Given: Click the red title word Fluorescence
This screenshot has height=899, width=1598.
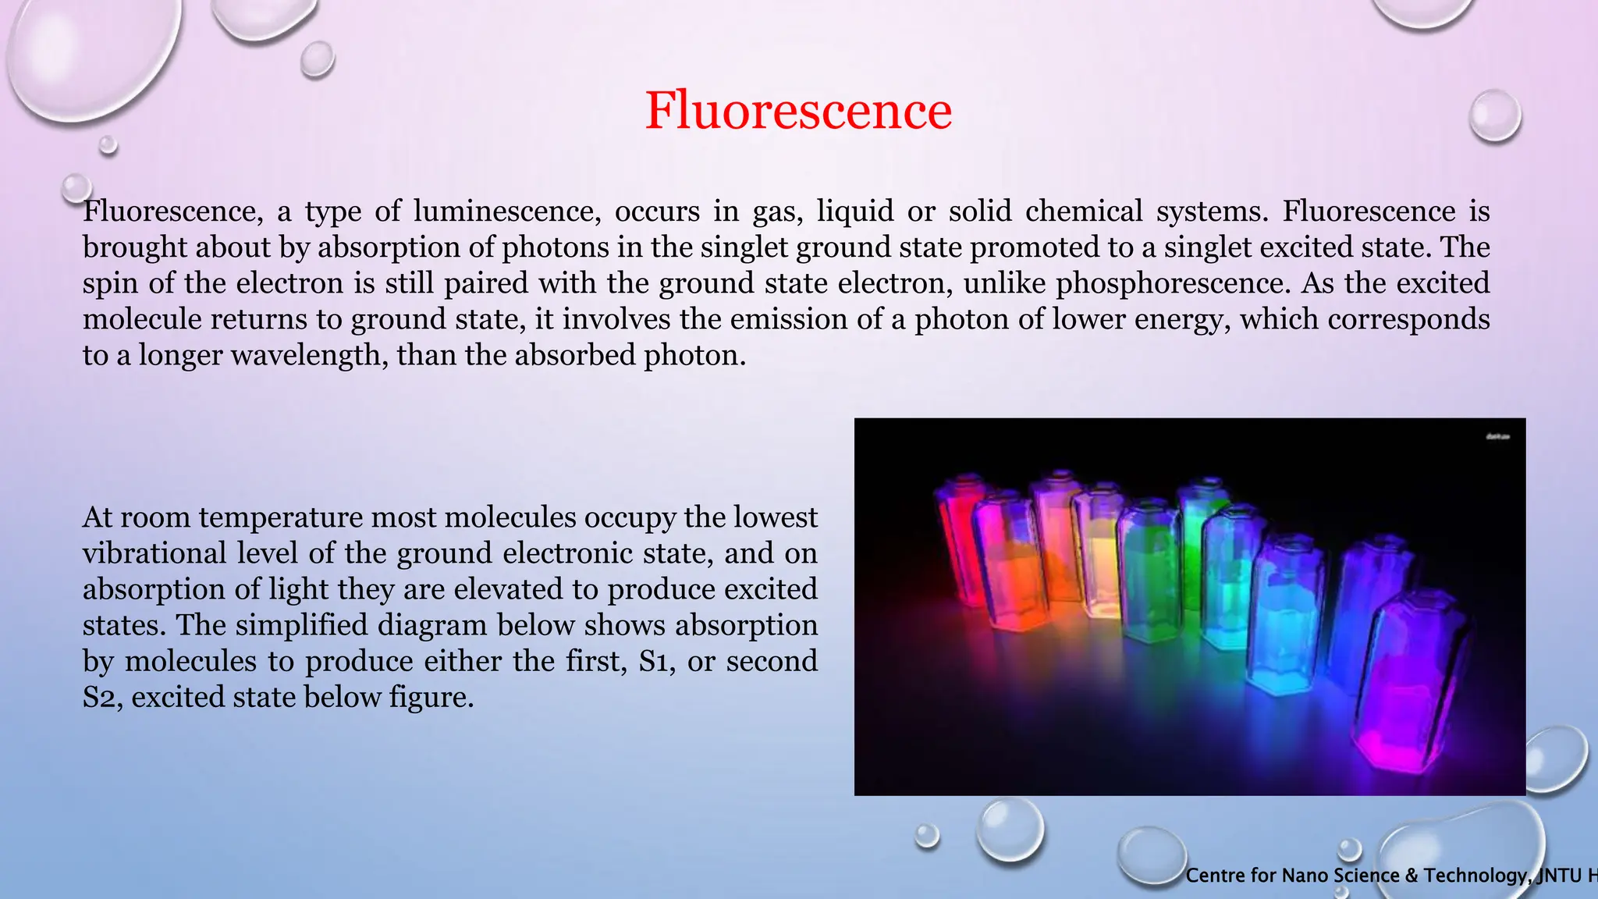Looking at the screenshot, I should (798, 110).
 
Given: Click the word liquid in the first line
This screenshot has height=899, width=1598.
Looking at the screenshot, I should (854, 211).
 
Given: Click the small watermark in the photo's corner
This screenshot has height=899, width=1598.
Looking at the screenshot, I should (1497, 436).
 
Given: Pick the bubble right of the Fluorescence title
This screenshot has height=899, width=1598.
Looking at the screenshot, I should (1495, 115).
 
